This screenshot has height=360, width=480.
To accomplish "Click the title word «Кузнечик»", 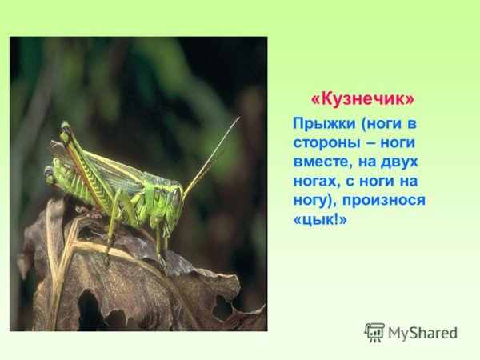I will pyautogui.click(x=363, y=99).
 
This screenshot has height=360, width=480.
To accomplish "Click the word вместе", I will pyautogui.click(x=323, y=162).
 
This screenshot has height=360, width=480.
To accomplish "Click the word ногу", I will pyautogui.click(x=313, y=200).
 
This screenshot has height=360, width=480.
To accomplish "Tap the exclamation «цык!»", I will pyautogui.click(x=321, y=219).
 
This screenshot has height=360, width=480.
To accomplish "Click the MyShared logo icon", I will pyautogui.click(x=374, y=332).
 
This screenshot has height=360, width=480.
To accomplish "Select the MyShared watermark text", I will pyautogui.click(x=422, y=334).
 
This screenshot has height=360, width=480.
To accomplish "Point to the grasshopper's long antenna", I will pyautogui.click(x=212, y=156).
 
